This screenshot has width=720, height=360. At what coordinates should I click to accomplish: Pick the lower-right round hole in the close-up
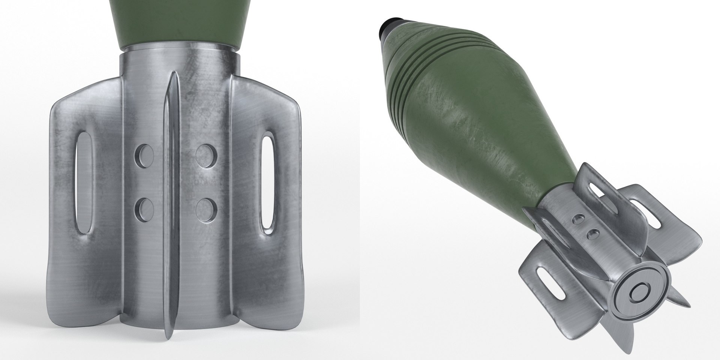pyautogui.click(x=204, y=207)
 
